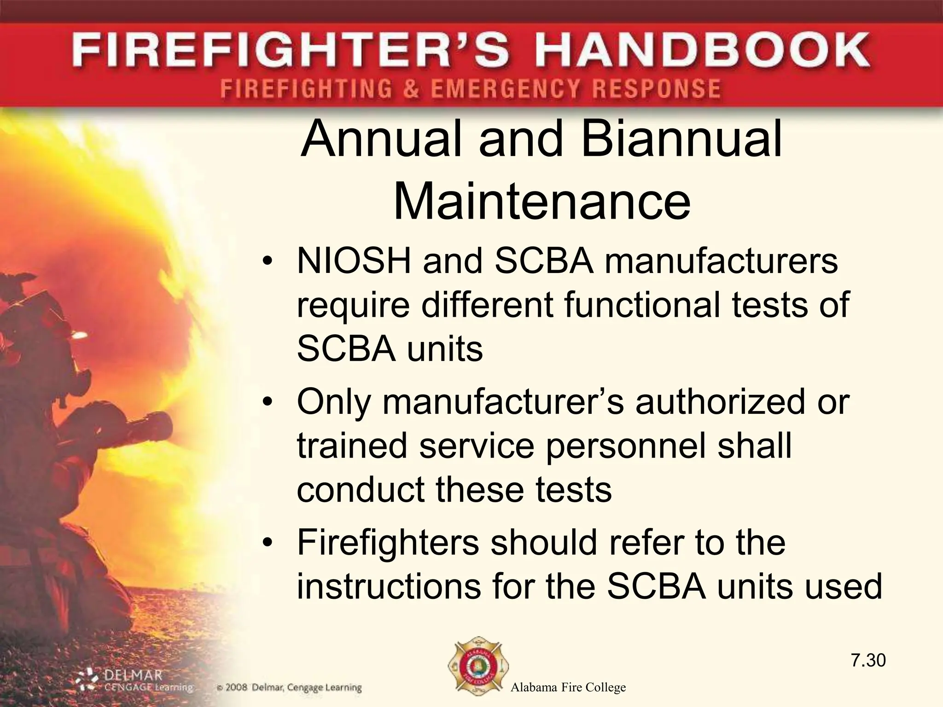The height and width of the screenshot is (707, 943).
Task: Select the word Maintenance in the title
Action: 542,202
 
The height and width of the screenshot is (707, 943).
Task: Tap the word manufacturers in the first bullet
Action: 721,261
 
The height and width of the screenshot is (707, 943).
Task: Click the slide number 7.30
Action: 868,660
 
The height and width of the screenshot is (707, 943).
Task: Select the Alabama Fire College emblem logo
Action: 478,669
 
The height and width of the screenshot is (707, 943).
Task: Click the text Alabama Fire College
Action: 568,688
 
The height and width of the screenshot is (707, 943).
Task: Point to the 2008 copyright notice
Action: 289,688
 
